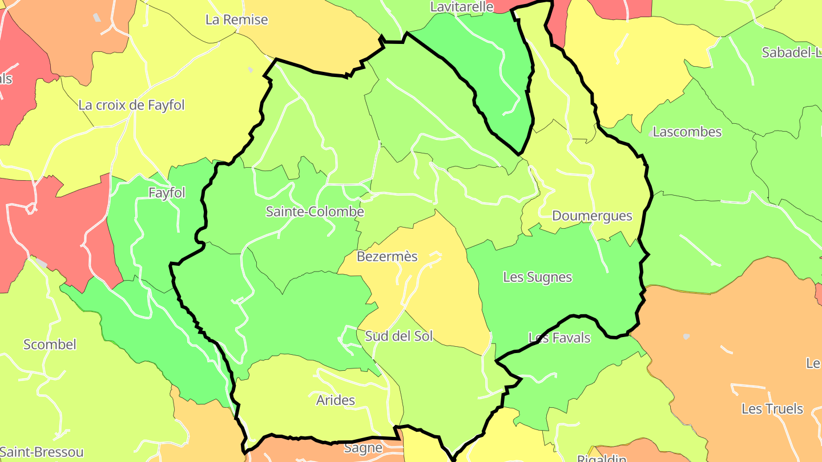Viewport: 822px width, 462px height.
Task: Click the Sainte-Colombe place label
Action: click(315, 212)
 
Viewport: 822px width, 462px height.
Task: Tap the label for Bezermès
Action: click(387, 257)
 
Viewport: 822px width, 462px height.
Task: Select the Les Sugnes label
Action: click(537, 277)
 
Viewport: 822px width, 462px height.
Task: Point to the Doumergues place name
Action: click(592, 216)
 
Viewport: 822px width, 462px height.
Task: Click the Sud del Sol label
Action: click(399, 336)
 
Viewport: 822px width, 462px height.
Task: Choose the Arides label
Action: click(336, 400)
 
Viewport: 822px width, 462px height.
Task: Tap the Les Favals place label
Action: click(559, 338)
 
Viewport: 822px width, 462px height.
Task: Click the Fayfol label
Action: click(167, 193)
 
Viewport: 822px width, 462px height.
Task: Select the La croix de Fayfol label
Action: click(131, 105)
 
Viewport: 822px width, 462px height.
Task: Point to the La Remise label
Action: click(236, 19)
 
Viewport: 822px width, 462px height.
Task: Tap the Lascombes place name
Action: click(687, 132)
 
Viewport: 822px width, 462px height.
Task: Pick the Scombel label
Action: click(50, 345)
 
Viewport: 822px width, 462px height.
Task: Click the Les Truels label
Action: click(772, 409)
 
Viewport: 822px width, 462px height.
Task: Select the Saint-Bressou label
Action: click(42, 452)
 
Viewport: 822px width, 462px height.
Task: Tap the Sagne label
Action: click(363, 448)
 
